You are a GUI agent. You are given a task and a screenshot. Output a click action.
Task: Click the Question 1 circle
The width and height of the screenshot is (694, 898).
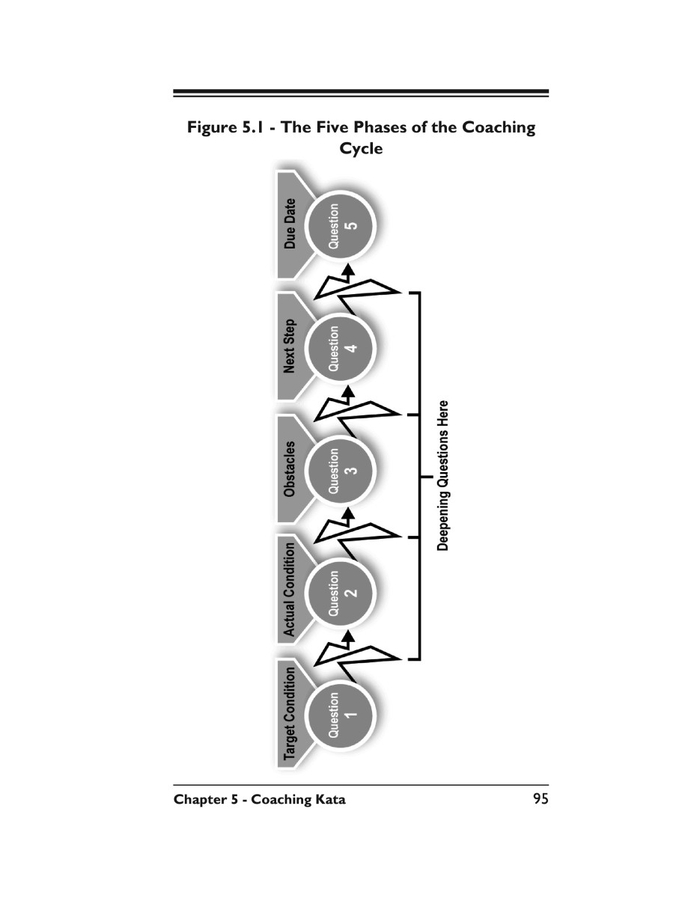(x=341, y=715)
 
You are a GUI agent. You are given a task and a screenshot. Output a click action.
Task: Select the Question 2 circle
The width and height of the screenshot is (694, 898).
(x=341, y=593)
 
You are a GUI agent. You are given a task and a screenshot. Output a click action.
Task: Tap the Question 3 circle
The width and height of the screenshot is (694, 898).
(x=341, y=471)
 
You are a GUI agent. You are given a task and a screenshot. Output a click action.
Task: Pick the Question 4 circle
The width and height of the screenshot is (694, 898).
(x=341, y=349)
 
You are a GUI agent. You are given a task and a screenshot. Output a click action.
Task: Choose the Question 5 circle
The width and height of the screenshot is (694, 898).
(x=341, y=226)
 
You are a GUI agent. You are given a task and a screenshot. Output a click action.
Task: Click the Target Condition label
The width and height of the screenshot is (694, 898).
(x=290, y=713)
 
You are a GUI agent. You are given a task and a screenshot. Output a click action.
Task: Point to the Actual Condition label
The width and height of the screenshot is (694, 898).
(x=290, y=590)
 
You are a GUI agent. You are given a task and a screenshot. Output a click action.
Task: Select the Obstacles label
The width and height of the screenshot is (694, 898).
(x=290, y=468)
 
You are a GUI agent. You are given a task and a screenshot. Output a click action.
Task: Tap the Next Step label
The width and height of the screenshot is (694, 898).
(x=290, y=346)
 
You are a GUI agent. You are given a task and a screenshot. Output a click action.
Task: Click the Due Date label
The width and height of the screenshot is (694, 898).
(x=290, y=224)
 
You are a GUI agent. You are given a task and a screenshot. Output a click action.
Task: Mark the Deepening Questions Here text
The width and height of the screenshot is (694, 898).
(x=442, y=475)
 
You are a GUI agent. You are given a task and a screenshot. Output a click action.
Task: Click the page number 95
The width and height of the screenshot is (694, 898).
(x=541, y=798)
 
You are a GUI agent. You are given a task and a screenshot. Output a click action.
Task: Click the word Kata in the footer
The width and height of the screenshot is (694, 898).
(x=330, y=799)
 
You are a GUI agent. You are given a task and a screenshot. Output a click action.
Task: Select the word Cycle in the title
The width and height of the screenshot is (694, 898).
(x=361, y=148)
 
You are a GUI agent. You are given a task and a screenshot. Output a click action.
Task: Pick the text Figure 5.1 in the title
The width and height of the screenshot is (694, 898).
(x=225, y=127)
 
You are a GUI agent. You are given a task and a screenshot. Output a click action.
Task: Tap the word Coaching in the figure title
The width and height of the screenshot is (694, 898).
(x=499, y=127)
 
